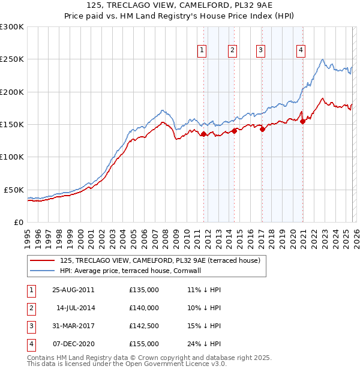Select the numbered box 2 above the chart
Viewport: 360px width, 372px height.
click(x=232, y=50)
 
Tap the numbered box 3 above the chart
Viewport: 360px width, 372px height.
click(x=261, y=50)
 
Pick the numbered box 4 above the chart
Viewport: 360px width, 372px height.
click(x=300, y=50)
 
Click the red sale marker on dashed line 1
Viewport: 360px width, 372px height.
click(x=203, y=134)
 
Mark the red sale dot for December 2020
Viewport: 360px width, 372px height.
click(x=303, y=121)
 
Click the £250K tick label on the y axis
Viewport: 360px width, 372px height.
click(x=12, y=59)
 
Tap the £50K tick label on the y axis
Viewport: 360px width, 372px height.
click(x=14, y=190)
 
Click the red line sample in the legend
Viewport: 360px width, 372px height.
click(x=42, y=261)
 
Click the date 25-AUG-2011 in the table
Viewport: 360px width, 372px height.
click(x=73, y=290)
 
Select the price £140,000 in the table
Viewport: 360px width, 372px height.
click(x=144, y=308)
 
